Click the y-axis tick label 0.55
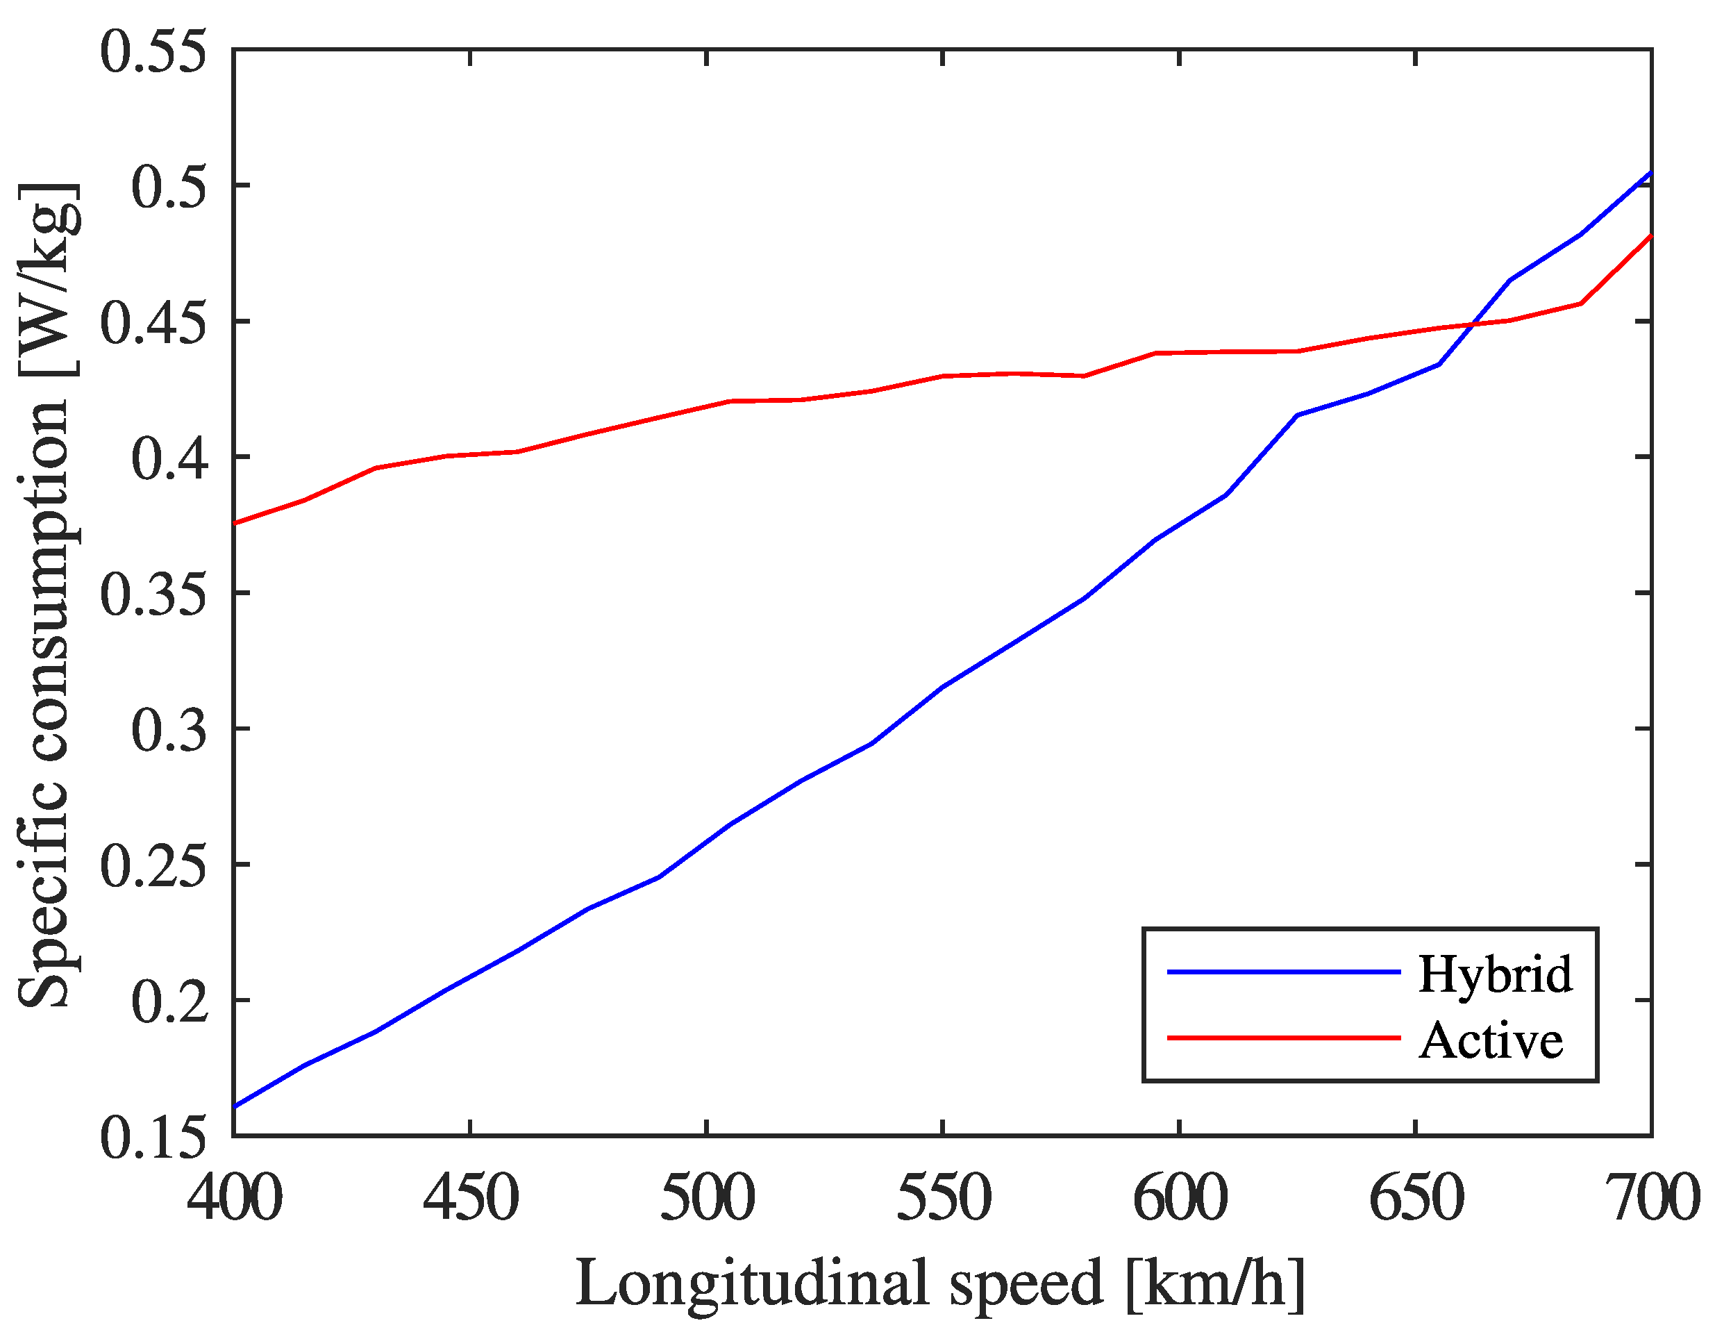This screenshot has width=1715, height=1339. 154,52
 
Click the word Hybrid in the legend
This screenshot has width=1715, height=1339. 1494,974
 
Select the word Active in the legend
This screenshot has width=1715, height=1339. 1491,1041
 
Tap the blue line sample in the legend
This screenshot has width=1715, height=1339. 1283,972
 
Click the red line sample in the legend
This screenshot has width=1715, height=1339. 1283,1038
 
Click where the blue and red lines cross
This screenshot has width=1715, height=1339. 1473,324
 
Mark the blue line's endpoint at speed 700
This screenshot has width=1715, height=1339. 1650,173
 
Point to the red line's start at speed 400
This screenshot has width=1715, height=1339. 235,523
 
